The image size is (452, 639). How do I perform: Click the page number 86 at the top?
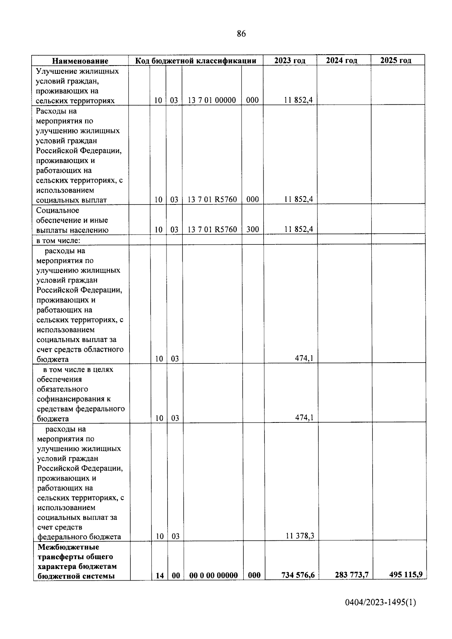(241, 34)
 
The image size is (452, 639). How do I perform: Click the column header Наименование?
(80, 61)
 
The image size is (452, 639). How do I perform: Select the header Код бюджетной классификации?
(196, 61)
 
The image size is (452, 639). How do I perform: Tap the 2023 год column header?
(290, 61)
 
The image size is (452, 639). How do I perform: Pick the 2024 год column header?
(342, 60)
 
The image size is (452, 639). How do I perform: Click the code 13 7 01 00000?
(212, 100)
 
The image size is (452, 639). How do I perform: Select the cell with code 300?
(252, 229)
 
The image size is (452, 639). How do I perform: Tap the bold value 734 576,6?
(298, 575)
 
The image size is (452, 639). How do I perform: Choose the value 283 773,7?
(352, 575)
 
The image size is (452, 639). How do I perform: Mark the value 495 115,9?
(406, 574)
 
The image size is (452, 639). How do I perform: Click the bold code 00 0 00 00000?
(214, 575)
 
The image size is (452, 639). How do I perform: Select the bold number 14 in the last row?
(160, 576)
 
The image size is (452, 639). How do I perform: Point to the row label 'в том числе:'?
(58, 240)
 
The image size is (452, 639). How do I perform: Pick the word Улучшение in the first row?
(57, 71)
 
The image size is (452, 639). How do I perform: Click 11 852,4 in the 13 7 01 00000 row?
(299, 100)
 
